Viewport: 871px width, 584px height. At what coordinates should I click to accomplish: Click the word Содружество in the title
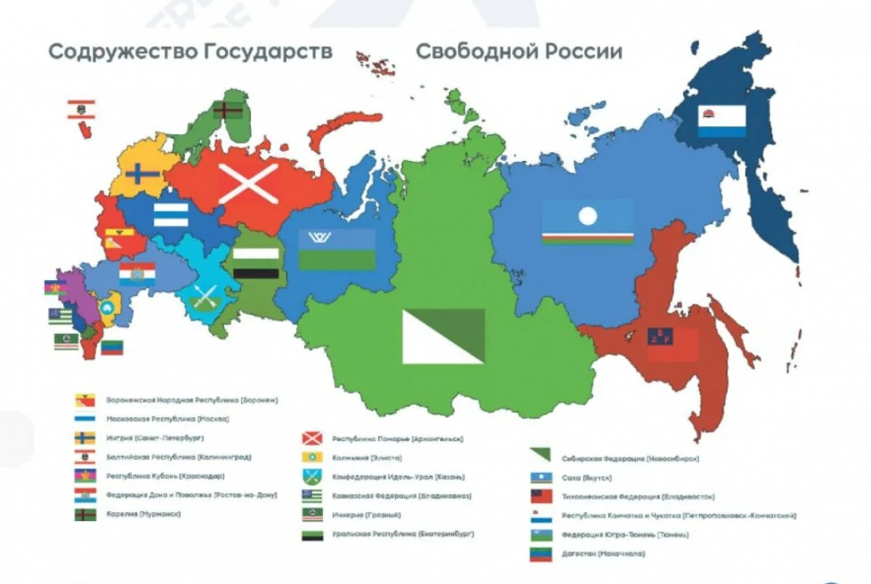121,52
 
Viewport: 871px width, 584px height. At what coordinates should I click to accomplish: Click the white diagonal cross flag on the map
248,183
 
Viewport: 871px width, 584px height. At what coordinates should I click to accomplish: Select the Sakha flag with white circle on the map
587,221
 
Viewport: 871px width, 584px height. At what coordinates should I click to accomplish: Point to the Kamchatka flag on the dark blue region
721,121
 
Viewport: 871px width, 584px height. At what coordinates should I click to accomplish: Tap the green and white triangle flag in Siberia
443,336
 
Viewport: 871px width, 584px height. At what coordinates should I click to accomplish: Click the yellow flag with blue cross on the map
143,174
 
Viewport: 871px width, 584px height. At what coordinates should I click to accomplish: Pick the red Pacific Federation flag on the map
672,344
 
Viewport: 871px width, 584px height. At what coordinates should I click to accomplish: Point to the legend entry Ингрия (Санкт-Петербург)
155,438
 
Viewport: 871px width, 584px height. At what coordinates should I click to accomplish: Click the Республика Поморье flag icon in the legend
311,438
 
